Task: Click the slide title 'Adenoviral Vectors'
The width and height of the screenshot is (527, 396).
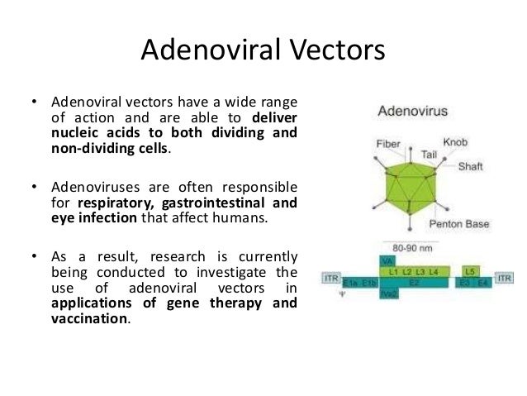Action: (x=263, y=50)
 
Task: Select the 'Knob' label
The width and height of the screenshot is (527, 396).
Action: (x=455, y=141)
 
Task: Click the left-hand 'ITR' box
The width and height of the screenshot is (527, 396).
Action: (x=330, y=279)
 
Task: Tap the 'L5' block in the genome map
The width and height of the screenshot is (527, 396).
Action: (x=469, y=271)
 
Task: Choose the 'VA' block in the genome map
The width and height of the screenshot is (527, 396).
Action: (x=384, y=260)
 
